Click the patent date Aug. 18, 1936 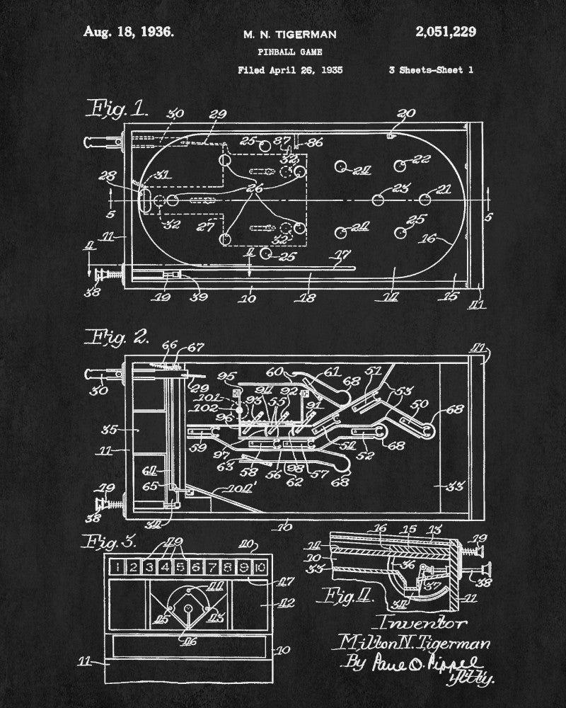tap(128, 32)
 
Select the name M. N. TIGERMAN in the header tap(290, 34)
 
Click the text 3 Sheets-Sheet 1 tap(431, 70)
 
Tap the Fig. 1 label tap(117, 108)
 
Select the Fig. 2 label tap(117, 337)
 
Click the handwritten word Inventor tap(423, 624)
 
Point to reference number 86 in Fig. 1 tap(315, 142)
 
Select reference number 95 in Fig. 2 tap(227, 375)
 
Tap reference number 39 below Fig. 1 tap(198, 297)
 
